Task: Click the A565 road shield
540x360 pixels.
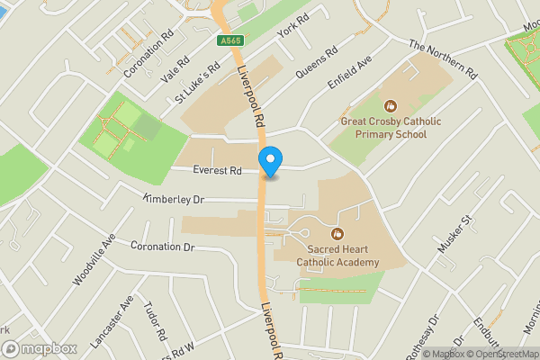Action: point(229,40)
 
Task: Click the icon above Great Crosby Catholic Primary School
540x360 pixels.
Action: point(390,105)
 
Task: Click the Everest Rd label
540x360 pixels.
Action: point(216,169)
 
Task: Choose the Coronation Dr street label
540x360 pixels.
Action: point(163,246)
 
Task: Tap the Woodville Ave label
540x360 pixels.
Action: point(95,260)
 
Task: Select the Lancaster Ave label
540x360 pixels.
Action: point(112,322)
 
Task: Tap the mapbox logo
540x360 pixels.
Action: point(38,348)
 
